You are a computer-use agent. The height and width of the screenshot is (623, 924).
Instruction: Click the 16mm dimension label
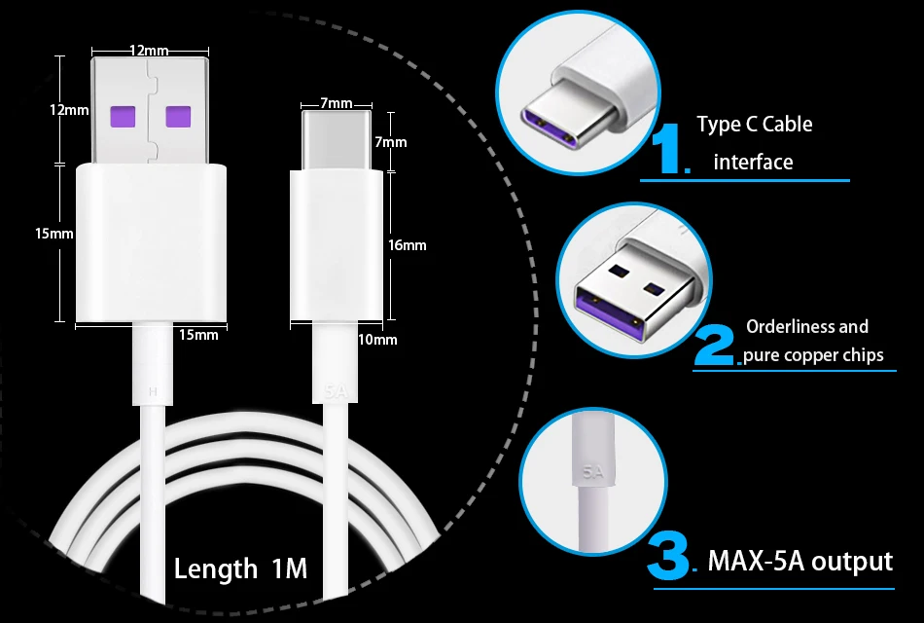(407, 245)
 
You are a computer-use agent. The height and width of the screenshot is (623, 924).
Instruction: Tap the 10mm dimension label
(377, 340)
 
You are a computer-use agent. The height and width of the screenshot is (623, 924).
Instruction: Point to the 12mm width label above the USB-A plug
(148, 50)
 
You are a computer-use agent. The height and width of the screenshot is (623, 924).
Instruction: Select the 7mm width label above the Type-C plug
(336, 103)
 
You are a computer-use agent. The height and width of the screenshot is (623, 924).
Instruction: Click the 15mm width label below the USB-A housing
(198, 335)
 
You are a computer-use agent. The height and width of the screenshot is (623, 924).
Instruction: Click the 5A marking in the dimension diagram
(335, 392)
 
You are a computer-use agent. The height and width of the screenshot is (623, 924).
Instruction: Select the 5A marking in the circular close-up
(593, 473)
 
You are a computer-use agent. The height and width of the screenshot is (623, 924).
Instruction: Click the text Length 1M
(240, 568)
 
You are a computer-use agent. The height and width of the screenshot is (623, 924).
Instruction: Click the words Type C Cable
(754, 125)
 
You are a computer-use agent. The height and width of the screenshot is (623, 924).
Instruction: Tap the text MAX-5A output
(800, 561)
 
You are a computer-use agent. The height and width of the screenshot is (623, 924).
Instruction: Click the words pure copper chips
(813, 354)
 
